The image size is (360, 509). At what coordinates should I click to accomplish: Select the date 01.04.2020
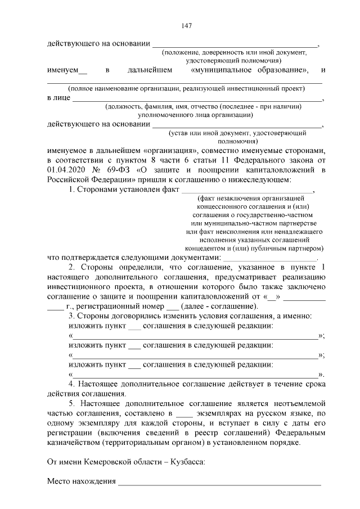[66, 169]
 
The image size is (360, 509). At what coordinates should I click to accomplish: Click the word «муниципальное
[218, 70]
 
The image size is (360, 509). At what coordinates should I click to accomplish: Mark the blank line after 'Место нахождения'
[219, 482]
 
